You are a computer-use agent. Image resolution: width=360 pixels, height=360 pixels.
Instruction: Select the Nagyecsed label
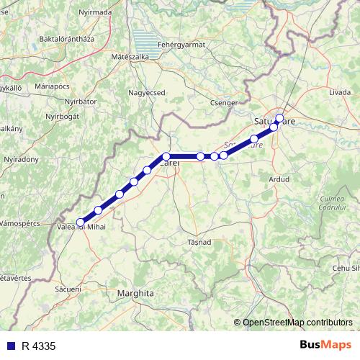[147, 92]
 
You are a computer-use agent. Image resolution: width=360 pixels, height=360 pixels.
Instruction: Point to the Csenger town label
[224, 103]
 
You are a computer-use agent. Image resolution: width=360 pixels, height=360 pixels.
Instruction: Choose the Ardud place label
[278, 179]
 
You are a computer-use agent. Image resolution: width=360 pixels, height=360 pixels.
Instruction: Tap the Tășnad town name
[199, 242]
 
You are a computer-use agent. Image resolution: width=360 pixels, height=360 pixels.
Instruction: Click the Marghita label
[135, 294]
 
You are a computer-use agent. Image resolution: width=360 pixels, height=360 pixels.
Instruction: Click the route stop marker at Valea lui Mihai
[81, 222]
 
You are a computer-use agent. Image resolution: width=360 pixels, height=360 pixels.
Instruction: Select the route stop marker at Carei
[166, 156]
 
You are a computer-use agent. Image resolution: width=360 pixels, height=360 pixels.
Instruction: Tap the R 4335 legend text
[39, 346]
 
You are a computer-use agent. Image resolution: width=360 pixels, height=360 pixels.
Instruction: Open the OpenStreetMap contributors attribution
[297, 322]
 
